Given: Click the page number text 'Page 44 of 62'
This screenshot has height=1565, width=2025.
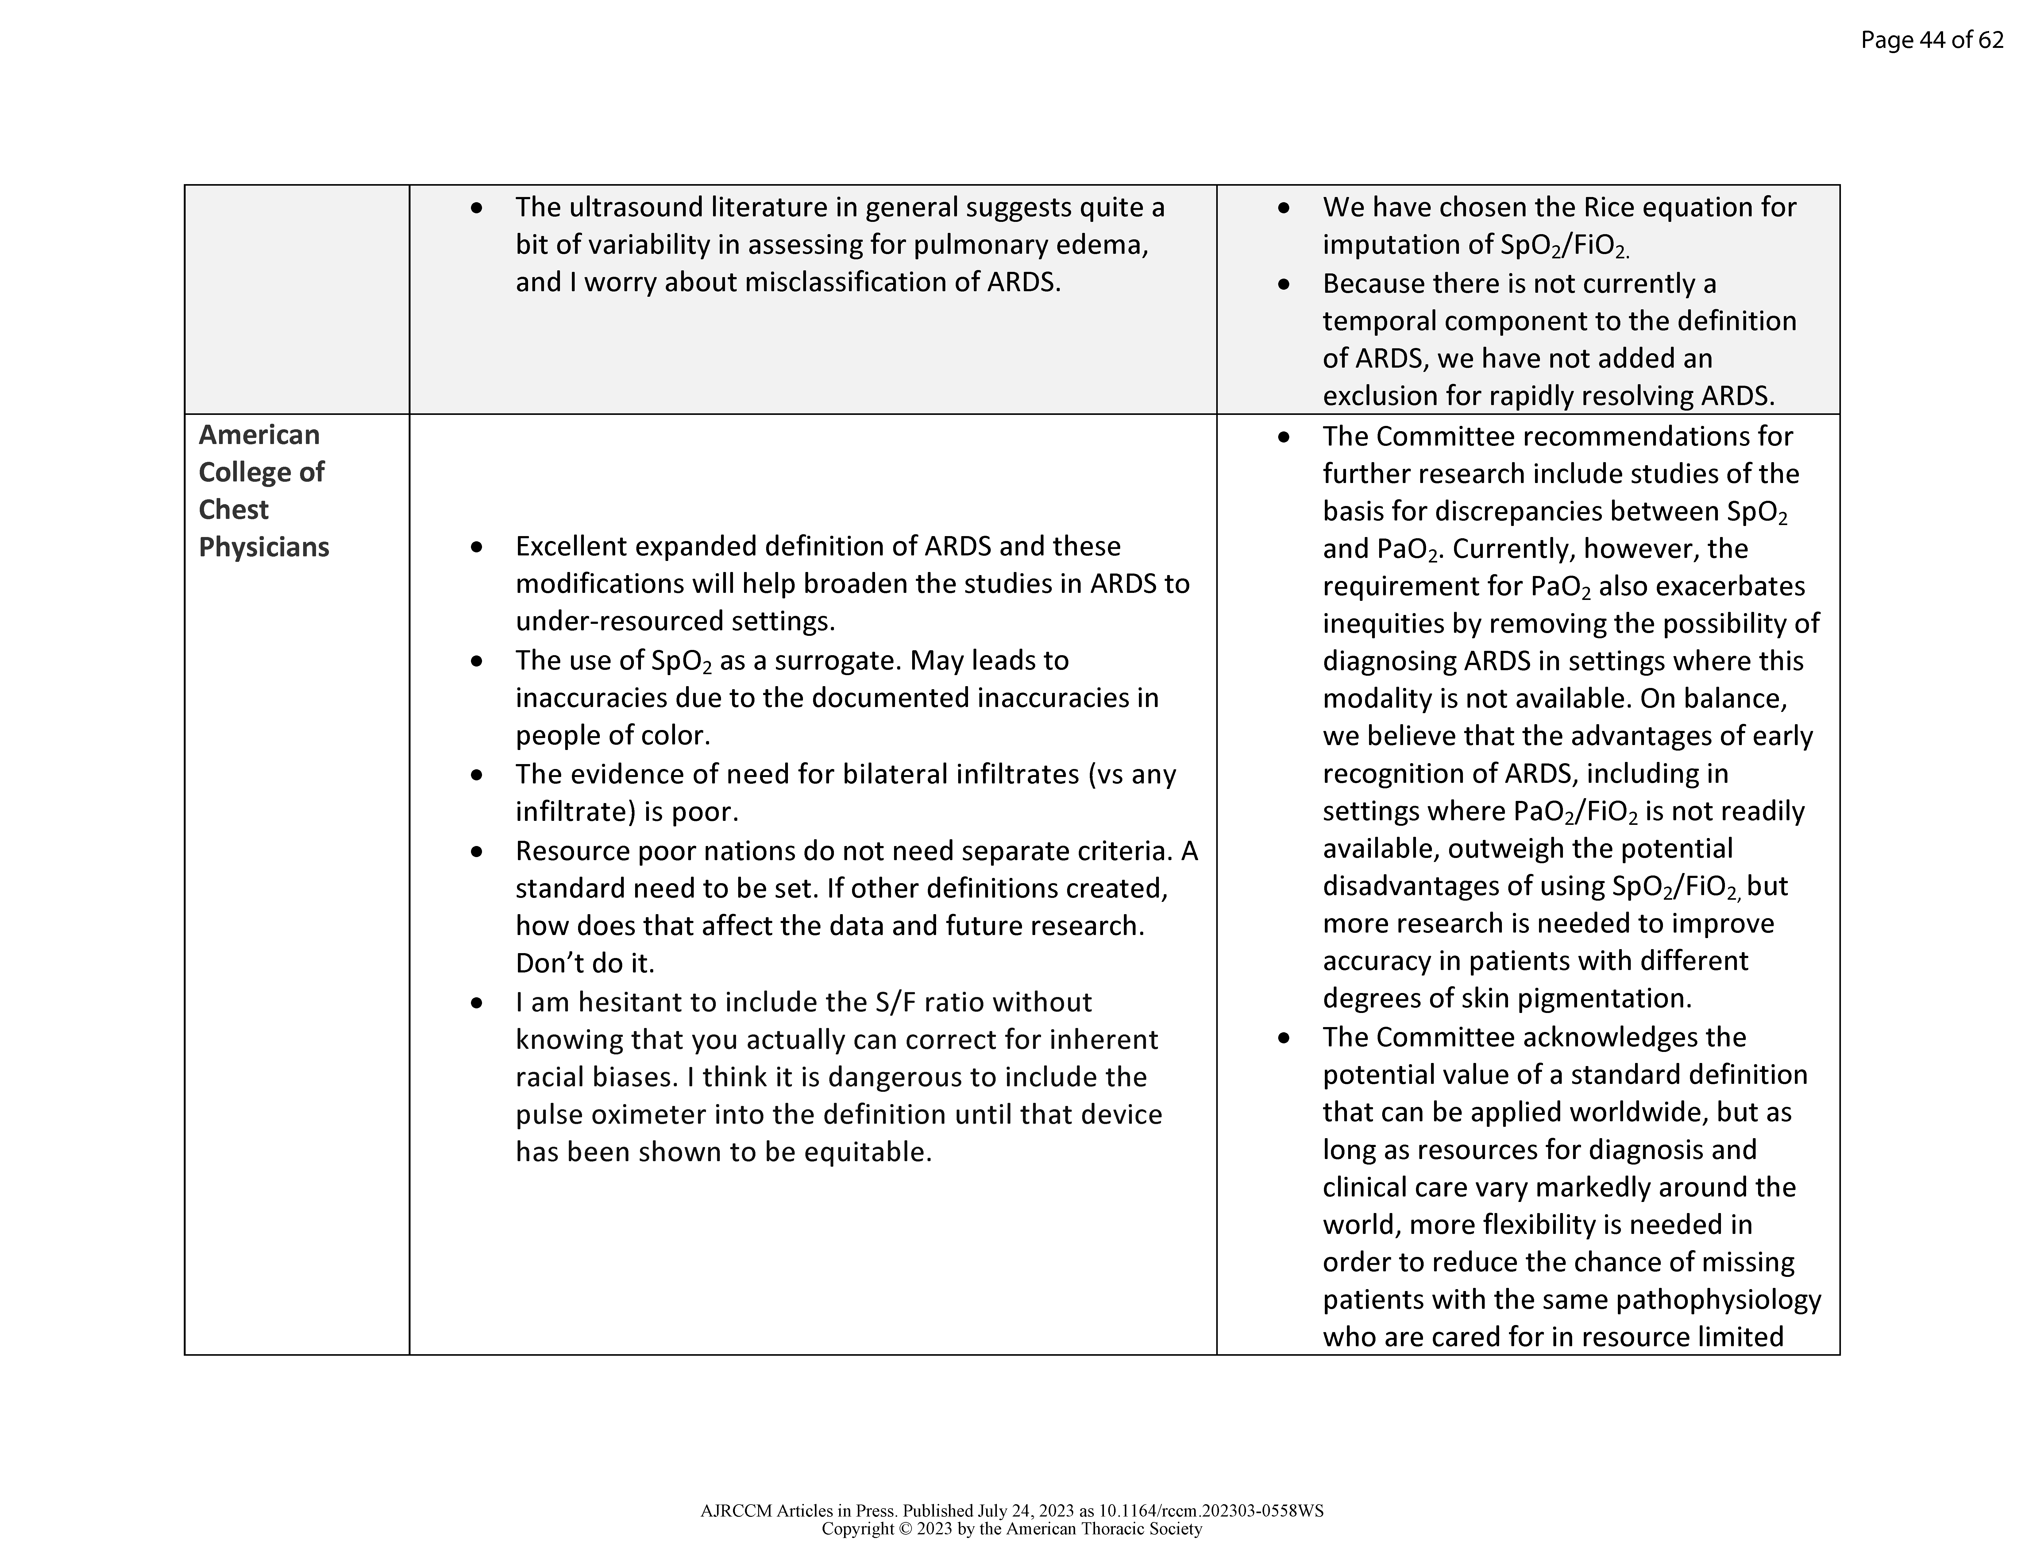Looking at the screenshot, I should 1931,40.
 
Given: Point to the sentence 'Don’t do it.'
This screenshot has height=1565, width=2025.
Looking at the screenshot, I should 585,963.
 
